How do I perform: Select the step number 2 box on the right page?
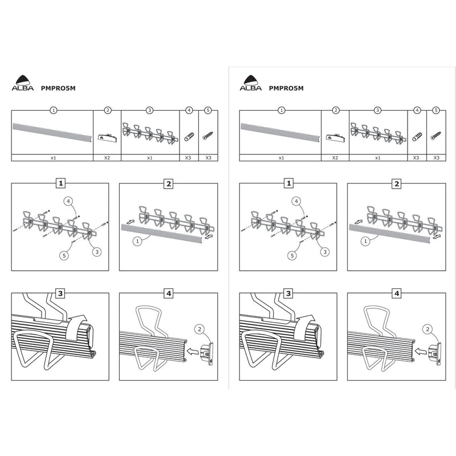tap(396, 184)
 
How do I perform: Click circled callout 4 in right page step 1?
tap(296, 201)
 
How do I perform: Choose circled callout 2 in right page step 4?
tap(427, 327)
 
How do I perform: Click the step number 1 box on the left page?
tap(59, 184)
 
